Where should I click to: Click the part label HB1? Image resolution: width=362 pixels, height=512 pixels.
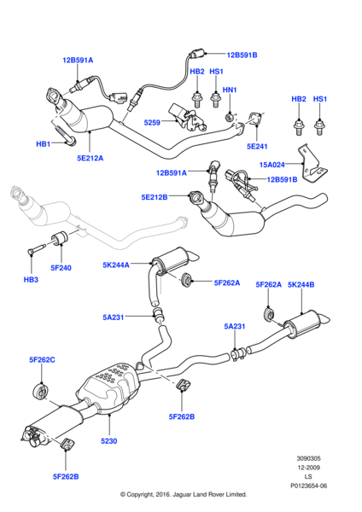44,143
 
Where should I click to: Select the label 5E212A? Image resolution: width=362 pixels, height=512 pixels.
90,158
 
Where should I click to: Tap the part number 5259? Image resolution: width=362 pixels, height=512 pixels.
152,122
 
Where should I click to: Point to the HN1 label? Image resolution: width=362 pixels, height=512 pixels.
230,90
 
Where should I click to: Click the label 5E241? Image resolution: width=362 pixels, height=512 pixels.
257,146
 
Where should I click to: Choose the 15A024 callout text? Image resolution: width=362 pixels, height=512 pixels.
271,165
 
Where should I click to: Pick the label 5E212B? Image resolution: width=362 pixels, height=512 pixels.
155,197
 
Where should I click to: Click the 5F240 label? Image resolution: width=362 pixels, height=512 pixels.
61,268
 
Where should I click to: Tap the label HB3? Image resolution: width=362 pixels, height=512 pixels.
31,280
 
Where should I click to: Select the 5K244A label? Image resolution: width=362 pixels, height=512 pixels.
116,265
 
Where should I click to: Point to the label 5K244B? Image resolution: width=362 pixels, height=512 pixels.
301,285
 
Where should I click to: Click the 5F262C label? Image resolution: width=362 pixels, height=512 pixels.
42,360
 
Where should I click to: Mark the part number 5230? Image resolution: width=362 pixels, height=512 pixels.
108,441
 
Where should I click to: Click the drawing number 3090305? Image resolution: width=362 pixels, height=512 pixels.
308,458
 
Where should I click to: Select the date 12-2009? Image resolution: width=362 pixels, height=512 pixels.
308,468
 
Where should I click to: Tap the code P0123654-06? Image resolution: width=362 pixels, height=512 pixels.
309,486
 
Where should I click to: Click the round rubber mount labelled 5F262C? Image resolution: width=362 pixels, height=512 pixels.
40,392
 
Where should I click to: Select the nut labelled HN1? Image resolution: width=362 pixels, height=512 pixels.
230,117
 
